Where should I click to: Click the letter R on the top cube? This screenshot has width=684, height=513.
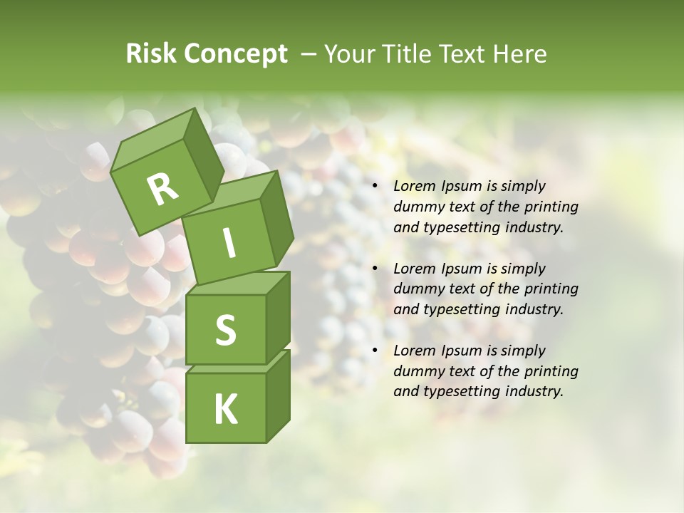point(162,189)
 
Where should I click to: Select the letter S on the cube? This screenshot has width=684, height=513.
point(225,330)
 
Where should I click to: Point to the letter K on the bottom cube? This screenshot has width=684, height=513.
point(225,409)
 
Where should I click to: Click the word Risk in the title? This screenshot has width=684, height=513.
point(152,54)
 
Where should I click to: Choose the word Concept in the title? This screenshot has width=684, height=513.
point(236,54)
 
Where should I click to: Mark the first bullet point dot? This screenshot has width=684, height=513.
point(375,186)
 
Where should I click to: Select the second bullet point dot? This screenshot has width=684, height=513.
point(375,269)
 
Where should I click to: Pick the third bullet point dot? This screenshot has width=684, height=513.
point(375,351)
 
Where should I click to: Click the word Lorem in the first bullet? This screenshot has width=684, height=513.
point(413,186)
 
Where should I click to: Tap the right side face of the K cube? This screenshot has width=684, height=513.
point(278,395)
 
